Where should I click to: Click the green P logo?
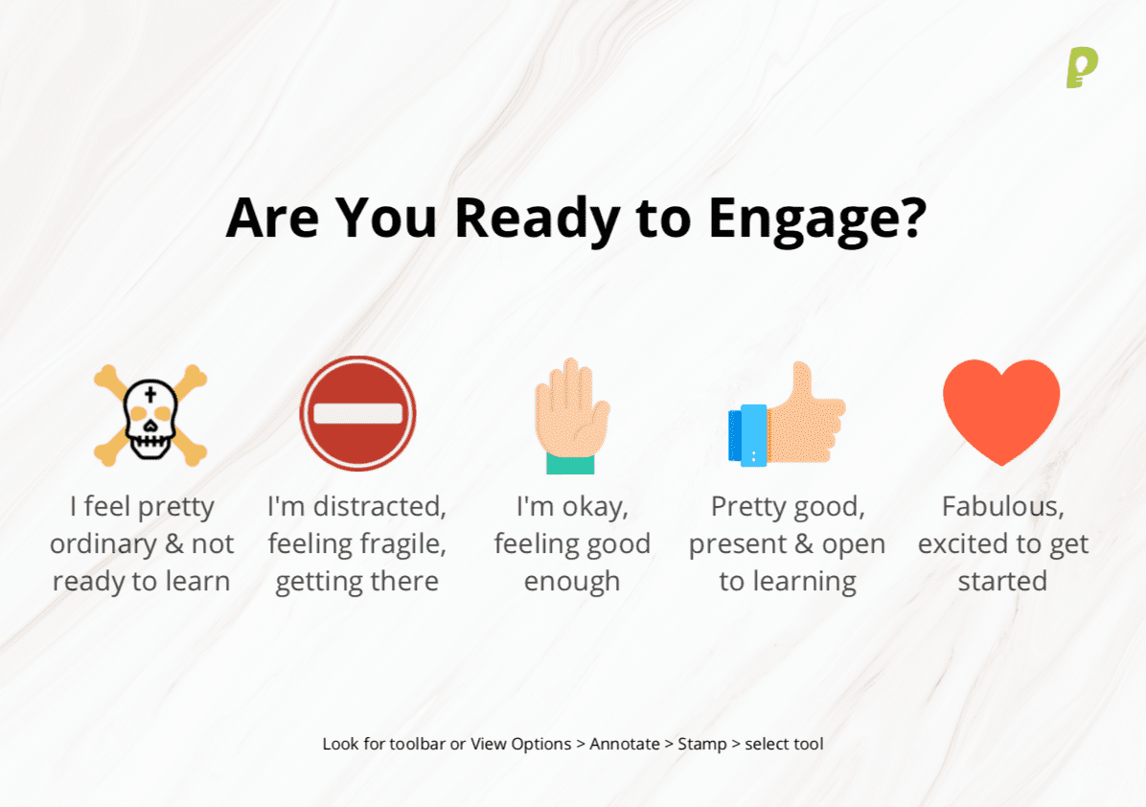pyautogui.click(x=1082, y=68)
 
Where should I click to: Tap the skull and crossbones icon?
pyautogui.click(x=150, y=414)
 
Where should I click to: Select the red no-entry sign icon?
pyautogui.click(x=358, y=413)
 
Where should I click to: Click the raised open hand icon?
pyautogui.click(x=571, y=415)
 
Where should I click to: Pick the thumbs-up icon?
pyautogui.click(x=787, y=414)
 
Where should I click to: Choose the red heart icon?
pyautogui.click(x=1001, y=411)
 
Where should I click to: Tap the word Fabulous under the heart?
pyautogui.click(x=1002, y=507)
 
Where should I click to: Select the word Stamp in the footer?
pyautogui.click(x=702, y=744)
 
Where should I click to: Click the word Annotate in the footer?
pyautogui.click(x=624, y=744)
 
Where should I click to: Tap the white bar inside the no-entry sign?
pyautogui.click(x=358, y=414)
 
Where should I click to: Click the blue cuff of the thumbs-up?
pyautogui.click(x=747, y=435)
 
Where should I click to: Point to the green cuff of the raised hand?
pyautogui.click(x=570, y=464)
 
